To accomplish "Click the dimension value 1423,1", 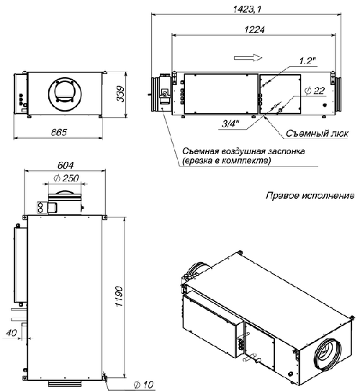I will pos(245,8).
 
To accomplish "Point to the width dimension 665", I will pos(58,132).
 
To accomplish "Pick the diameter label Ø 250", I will pos(66,178).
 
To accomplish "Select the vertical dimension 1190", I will pos(123,295).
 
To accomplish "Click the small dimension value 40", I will pos(9,332).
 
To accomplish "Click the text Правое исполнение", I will pos(310,195).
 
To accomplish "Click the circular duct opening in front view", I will pos(63,91).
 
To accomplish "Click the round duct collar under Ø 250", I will pos(66,192).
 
